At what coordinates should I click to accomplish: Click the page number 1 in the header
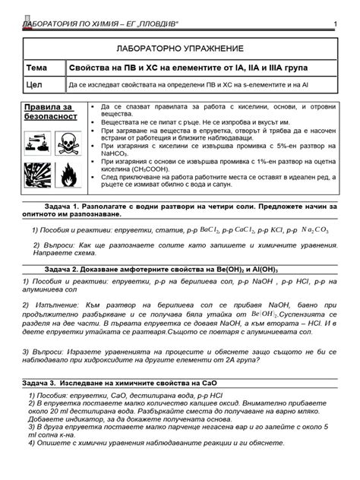point(335,27)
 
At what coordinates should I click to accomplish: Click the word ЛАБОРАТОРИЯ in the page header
point(52,27)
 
